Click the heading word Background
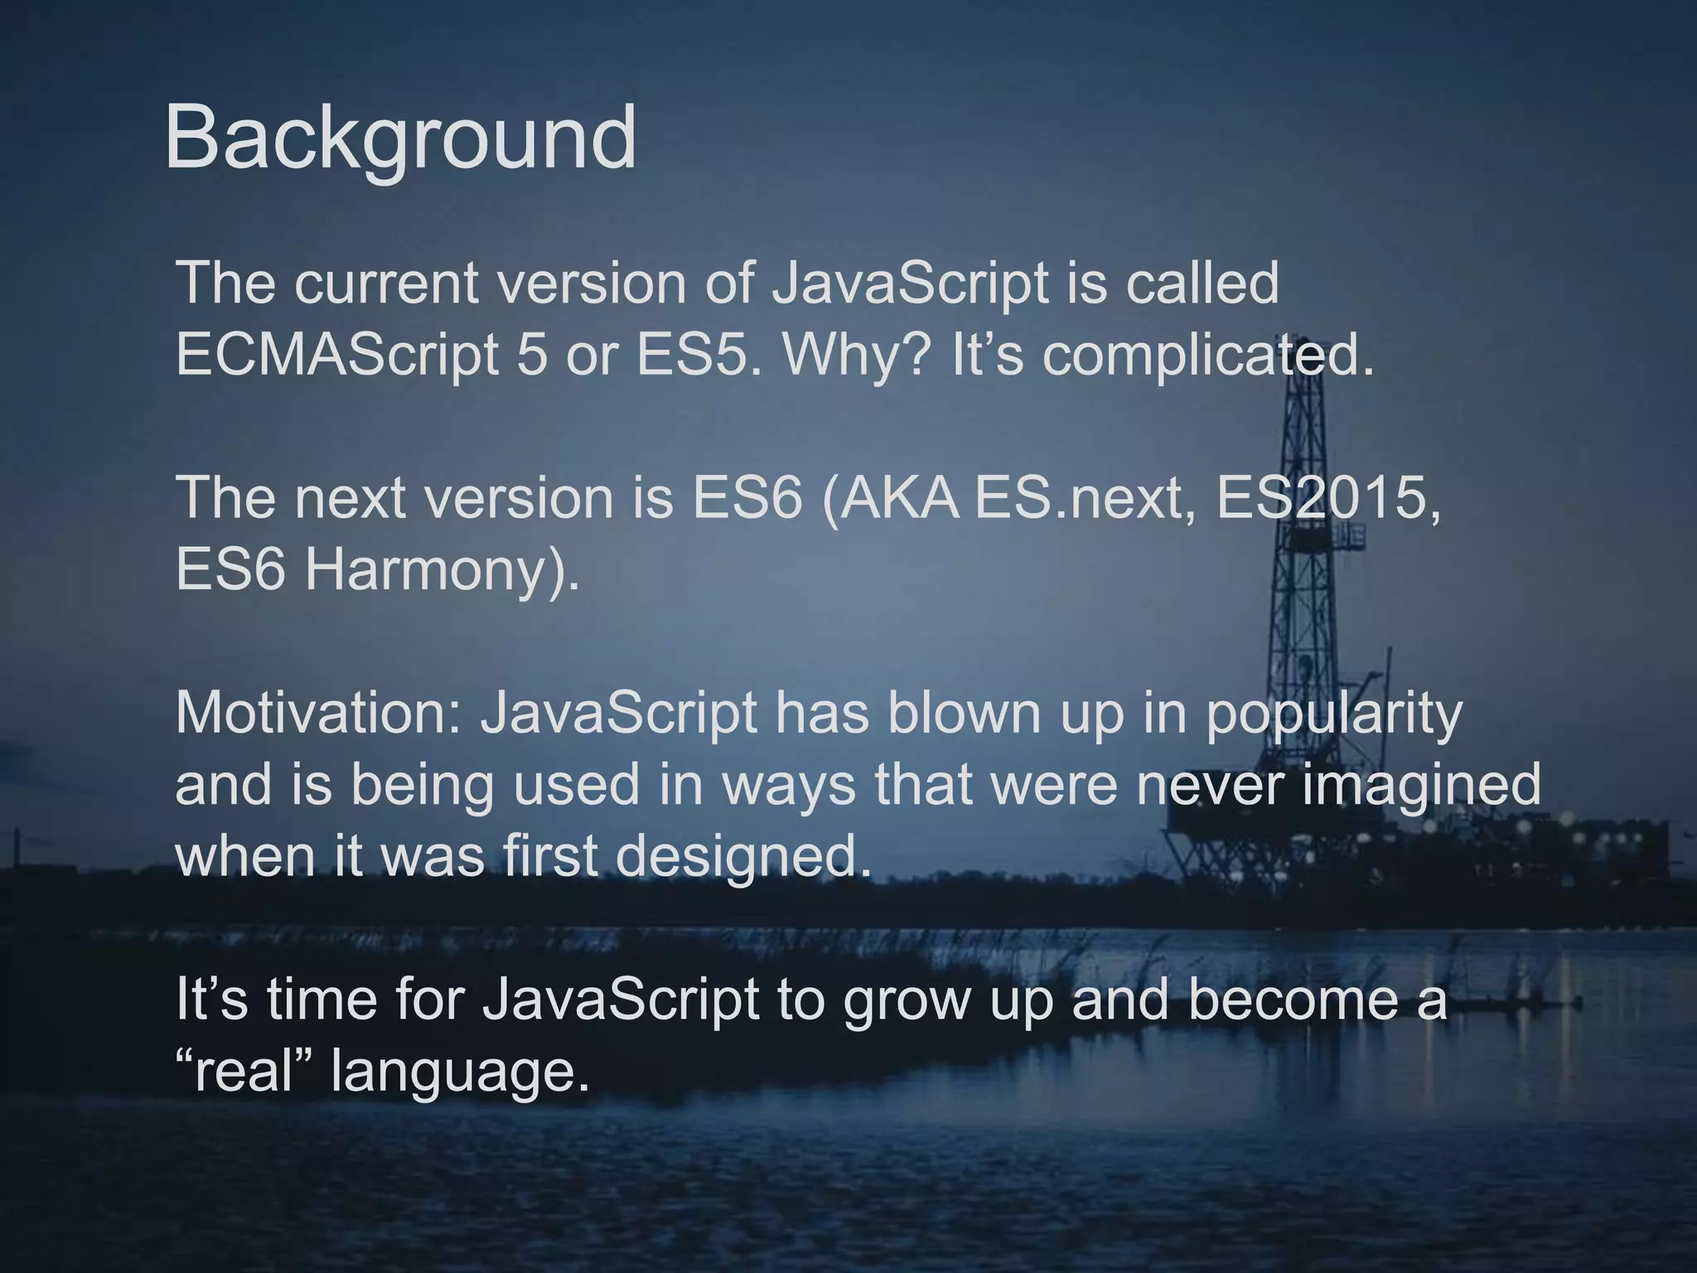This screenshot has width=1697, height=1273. coord(400,138)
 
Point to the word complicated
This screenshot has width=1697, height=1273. coord(1208,355)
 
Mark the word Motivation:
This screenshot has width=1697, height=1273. coord(318,713)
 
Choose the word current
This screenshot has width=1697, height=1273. coord(386,283)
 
